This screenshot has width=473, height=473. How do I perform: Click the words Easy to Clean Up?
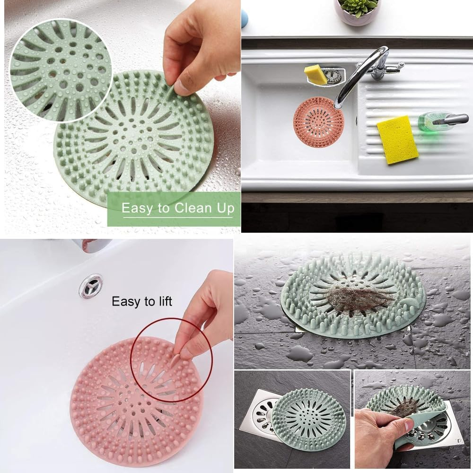(178, 208)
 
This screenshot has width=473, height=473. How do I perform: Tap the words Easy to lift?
(142, 301)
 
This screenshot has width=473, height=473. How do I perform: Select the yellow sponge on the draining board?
(397, 140)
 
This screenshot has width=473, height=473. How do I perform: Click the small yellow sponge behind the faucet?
(315, 75)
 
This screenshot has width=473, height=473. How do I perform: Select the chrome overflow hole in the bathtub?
(90, 286)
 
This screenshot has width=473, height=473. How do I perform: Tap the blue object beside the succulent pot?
(244, 19)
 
